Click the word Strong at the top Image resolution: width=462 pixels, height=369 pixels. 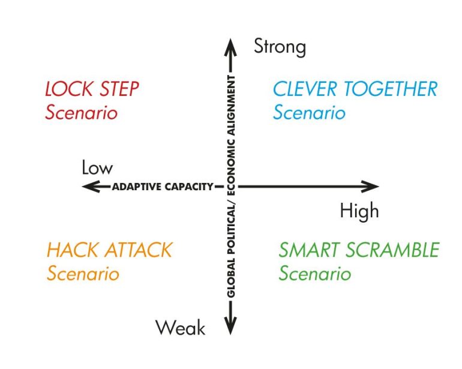[x=280, y=47]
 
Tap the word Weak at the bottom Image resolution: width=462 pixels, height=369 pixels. [x=180, y=328]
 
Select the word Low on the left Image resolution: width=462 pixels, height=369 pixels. [x=97, y=168]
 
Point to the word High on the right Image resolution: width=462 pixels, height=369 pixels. [x=359, y=211]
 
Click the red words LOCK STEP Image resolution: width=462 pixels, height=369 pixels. [x=92, y=89]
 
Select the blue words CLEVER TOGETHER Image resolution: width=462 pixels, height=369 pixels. [x=355, y=89]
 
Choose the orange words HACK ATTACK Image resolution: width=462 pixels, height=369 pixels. [x=109, y=250]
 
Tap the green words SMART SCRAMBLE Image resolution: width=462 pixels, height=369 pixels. [x=359, y=250]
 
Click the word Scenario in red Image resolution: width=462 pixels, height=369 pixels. [x=81, y=113]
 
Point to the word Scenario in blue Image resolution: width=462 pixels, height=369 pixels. [x=309, y=113]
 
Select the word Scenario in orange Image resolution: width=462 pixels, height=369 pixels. [x=83, y=274]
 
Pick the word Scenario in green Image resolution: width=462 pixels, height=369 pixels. [x=314, y=274]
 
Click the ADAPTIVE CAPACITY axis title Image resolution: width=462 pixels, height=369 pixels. [x=163, y=187]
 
